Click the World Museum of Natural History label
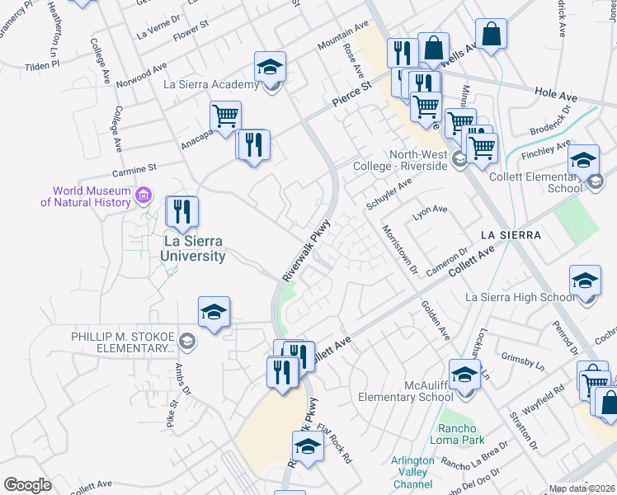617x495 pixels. tap(91, 196)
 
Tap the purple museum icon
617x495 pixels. tap(144, 196)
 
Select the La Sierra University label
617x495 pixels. tap(194, 248)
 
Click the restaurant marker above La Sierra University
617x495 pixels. tap(182, 211)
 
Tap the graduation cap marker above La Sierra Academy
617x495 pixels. tap(269, 66)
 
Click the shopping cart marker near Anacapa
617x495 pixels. tap(225, 116)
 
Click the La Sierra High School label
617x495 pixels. tap(520, 297)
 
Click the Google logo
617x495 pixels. tap(27, 484)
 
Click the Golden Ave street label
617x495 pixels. tap(436, 320)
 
